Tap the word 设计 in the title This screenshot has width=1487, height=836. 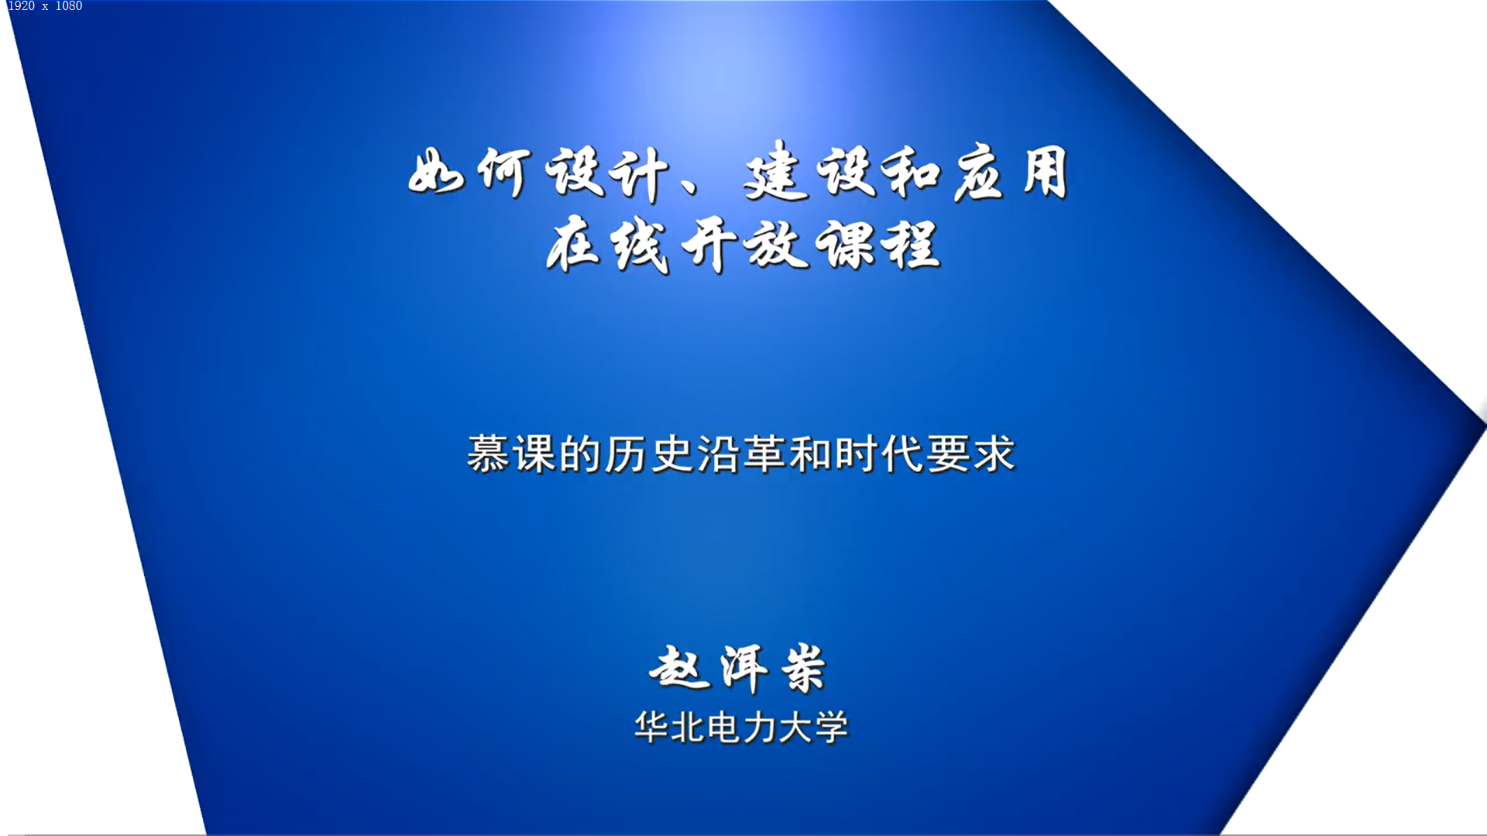coord(606,173)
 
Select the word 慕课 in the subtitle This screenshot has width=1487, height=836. coord(512,454)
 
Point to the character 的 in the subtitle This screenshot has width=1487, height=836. coord(580,454)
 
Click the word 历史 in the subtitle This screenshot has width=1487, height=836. coord(649,454)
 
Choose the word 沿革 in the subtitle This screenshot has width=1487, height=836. coord(741,454)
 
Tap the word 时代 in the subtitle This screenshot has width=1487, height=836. coord(879,454)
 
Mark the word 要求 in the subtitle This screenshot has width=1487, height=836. coord(970,454)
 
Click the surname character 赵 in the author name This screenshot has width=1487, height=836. coord(679,667)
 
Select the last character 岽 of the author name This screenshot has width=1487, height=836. coord(804,669)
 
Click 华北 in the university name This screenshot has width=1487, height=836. coord(669,728)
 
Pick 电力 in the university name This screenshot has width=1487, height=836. coord(741,728)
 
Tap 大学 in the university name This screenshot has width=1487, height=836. coord(813,728)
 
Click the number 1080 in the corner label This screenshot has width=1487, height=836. coord(68,6)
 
